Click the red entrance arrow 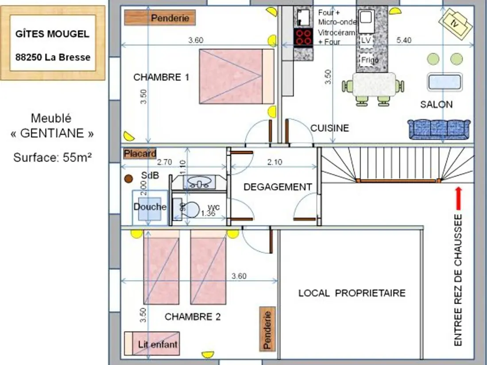click(x=459, y=198)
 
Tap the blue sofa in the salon click(x=439, y=130)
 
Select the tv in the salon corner click(x=455, y=23)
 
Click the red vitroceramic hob click(x=303, y=37)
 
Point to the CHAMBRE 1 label click(x=161, y=77)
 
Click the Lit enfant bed click(x=152, y=343)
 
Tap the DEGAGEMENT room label click(x=278, y=187)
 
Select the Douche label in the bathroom click(x=150, y=207)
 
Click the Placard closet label click(x=140, y=154)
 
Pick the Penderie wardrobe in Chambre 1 click(x=160, y=18)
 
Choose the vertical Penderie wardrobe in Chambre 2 click(x=267, y=329)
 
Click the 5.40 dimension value click(x=404, y=40)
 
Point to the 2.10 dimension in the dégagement click(x=274, y=162)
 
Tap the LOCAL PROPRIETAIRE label click(x=352, y=293)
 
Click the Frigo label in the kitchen click(x=370, y=60)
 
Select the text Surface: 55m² click(x=53, y=158)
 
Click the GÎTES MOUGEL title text click(x=53, y=34)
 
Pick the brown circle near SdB click(x=128, y=178)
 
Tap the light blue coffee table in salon click(x=445, y=82)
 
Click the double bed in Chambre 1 click(x=237, y=77)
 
